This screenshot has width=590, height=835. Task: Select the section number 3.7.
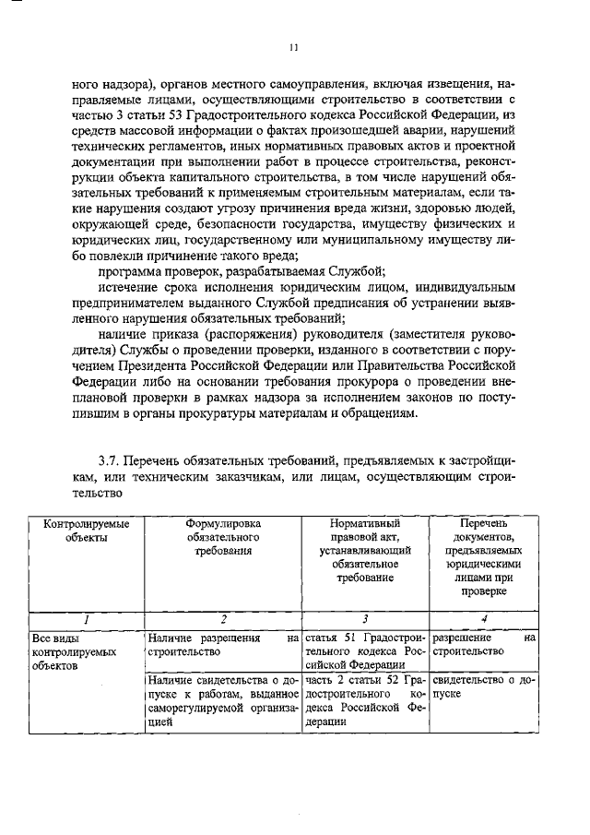point(111,459)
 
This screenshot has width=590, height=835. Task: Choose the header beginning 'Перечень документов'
point(483,556)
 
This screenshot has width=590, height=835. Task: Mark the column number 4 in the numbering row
point(484,620)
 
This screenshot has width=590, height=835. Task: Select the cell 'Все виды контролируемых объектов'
point(74,650)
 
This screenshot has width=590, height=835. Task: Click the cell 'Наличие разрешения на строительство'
point(223,644)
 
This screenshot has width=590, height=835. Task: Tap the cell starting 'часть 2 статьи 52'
point(365,700)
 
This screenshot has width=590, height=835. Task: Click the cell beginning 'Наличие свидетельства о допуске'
point(223,700)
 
